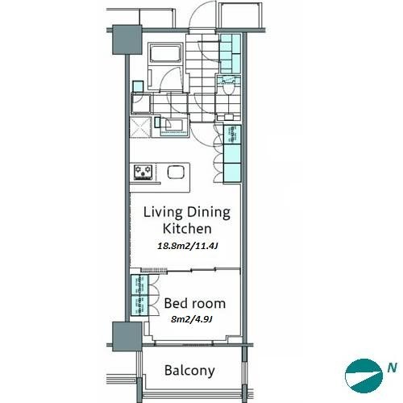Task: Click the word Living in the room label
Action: (163, 213)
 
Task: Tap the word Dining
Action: (209, 212)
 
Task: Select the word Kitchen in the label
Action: (187, 228)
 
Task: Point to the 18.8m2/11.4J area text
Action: (187, 246)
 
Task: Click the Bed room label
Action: (195, 303)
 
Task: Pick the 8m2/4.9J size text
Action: (192, 319)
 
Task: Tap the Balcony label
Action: (189, 370)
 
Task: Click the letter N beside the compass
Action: (392, 368)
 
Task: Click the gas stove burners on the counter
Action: (143, 172)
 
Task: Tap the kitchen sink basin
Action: (176, 172)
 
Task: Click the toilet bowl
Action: (228, 88)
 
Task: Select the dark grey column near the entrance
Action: (127, 39)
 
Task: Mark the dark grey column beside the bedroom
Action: (127, 337)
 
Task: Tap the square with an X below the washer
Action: (139, 127)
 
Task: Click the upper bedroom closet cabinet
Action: (139, 285)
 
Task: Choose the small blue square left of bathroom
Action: (138, 86)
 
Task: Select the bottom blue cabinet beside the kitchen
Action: (232, 172)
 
